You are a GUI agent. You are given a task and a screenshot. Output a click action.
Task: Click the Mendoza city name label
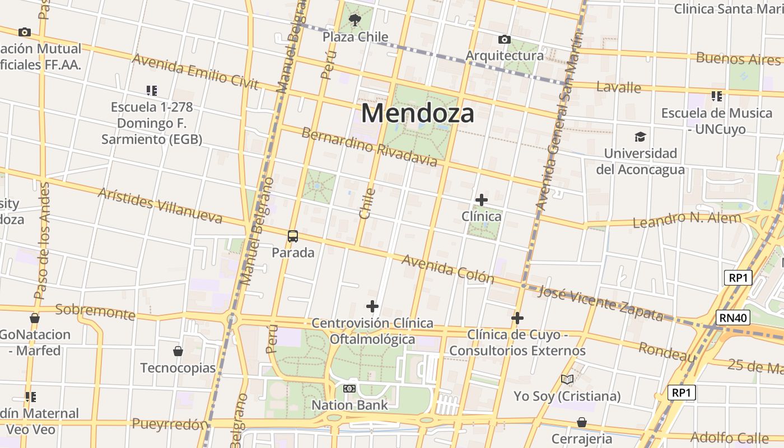pyautogui.click(x=417, y=113)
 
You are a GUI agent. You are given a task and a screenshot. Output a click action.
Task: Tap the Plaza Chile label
pyautogui.click(x=355, y=37)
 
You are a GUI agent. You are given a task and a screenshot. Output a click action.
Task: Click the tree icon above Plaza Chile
pyautogui.click(x=354, y=21)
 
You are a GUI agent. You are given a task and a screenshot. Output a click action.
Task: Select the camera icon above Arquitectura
pyautogui.click(x=504, y=39)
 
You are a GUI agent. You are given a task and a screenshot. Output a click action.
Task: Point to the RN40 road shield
pyautogui.click(x=733, y=318)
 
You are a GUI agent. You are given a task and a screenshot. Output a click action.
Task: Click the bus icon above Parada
pyautogui.click(x=293, y=236)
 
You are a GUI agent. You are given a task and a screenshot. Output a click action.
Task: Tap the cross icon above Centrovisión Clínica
pyautogui.click(x=372, y=306)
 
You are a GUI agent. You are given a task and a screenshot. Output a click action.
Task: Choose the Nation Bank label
pyautogui.click(x=349, y=405)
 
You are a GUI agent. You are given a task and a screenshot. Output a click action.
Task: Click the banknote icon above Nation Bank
pyautogui.click(x=349, y=389)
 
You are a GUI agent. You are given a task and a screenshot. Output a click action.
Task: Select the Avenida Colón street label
pyautogui.click(x=448, y=269)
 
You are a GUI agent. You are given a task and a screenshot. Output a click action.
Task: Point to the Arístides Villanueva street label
pyautogui.click(x=160, y=205)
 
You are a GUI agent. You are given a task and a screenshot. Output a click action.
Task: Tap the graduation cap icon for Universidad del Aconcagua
pyautogui.click(x=640, y=137)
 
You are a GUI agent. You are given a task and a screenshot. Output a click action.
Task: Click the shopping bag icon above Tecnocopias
pyautogui.click(x=178, y=351)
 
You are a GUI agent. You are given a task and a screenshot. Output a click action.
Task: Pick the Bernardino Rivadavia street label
pyautogui.click(x=369, y=147)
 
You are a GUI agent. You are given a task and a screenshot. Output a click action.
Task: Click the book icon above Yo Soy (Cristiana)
pyautogui.click(x=567, y=380)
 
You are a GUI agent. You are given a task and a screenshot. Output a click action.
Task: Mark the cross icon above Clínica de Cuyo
pyautogui.click(x=517, y=319)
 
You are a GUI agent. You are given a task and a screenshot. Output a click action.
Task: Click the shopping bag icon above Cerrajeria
pyautogui.click(x=582, y=422)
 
